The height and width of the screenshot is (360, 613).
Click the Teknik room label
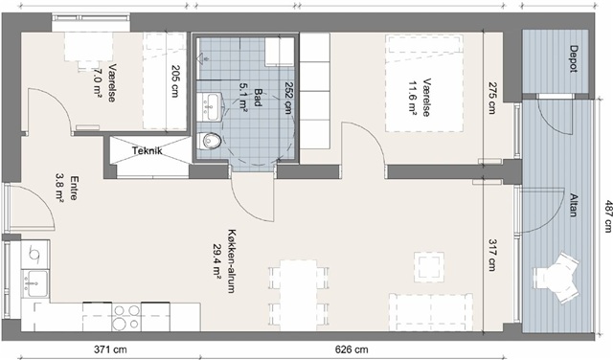(147, 150)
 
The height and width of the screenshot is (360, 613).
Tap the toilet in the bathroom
(210, 141)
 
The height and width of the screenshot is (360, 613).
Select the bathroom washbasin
(209, 106)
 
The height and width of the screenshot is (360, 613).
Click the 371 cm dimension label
(111, 349)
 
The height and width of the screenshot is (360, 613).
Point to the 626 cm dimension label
(352, 349)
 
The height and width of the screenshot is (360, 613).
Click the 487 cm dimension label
(607, 216)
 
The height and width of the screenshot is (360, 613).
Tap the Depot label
(573, 59)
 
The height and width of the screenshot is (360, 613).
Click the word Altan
(573, 205)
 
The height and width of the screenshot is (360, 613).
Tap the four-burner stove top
(126, 317)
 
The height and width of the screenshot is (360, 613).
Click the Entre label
(73, 188)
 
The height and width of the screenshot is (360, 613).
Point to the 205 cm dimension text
(175, 81)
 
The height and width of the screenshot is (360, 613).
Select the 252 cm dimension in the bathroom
(289, 98)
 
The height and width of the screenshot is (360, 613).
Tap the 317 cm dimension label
(491, 255)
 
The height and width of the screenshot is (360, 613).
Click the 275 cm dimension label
(491, 98)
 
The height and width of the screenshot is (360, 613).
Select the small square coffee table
(429, 267)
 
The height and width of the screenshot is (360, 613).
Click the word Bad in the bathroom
(258, 97)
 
